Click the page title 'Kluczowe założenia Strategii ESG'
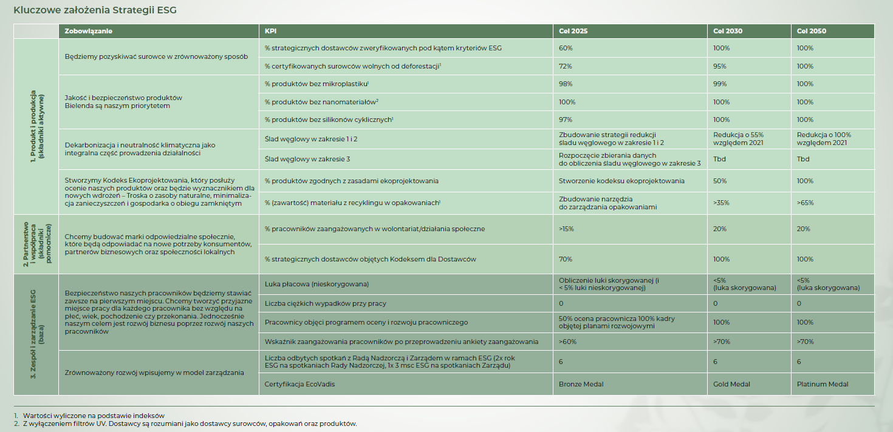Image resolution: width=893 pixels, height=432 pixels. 95,10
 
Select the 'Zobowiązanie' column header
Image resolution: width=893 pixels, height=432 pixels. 89,31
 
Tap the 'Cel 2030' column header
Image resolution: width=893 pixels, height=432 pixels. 728,31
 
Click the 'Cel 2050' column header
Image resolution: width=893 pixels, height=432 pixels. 812,31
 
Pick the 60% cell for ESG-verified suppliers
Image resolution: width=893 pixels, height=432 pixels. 566,48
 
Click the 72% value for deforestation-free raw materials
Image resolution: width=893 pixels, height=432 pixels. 566,66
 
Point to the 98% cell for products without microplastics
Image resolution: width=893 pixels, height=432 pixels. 566,84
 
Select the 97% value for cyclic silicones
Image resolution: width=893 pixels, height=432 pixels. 566,120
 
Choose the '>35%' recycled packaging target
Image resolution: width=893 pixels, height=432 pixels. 722,203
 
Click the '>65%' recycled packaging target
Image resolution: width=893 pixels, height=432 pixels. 806,203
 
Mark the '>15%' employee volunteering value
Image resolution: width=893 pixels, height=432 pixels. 566,229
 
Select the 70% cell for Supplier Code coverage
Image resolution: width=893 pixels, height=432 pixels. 566,259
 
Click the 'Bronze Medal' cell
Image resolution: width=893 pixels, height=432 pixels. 581,384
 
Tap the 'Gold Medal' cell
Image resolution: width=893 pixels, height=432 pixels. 732,384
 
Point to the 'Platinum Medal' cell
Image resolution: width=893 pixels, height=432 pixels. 822,384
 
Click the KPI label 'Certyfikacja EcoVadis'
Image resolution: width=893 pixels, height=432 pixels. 299,384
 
